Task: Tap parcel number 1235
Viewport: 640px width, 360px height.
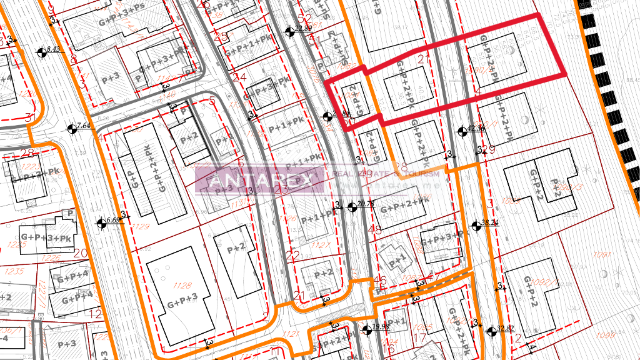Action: click(14, 271)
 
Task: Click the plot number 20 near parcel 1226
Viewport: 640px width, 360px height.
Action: click(80, 253)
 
